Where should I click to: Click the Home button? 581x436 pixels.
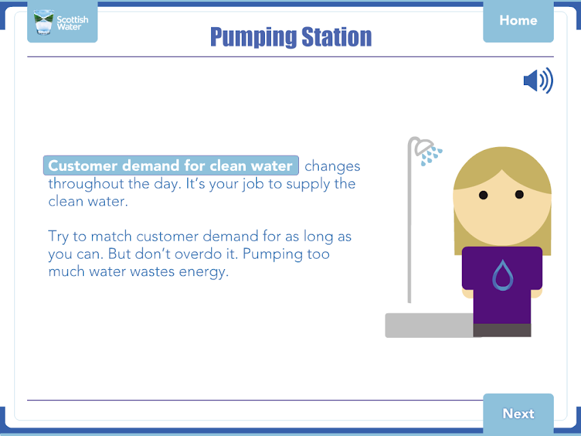(x=518, y=20)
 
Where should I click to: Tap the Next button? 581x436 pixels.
(x=518, y=414)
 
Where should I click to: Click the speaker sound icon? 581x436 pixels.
(x=538, y=80)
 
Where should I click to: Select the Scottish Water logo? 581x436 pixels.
(x=62, y=22)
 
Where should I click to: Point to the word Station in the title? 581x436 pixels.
(x=336, y=37)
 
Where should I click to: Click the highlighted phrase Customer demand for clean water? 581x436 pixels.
(x=171, y=166)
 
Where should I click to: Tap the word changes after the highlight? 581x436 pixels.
(x=332, y=166)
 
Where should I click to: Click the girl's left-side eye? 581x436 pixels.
(x=483, y=195)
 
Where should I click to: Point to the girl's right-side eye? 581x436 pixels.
(x=519, y=194)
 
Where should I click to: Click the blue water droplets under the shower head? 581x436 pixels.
(x=431, y=156)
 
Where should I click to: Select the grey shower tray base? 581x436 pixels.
(x=430, y=325)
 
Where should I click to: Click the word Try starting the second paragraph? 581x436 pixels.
(x=58, y=236)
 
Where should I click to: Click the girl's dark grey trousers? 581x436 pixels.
(x=502, y=330)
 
